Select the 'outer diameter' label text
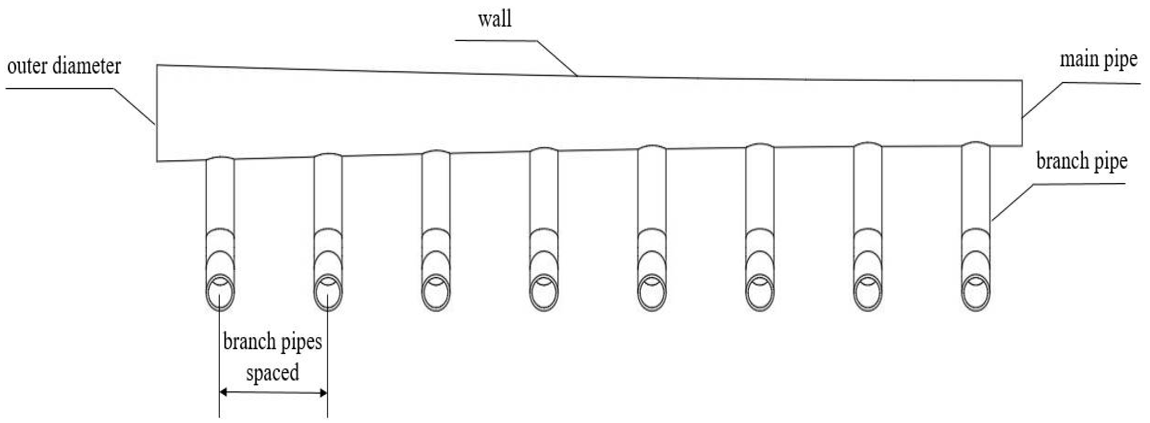[64, 66]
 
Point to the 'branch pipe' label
[1081, 161]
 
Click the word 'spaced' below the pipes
[272, 373]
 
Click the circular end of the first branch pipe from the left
[220, 293]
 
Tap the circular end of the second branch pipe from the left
[328, 293]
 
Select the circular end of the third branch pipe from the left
[436, 293]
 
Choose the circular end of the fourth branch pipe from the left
[544, 293]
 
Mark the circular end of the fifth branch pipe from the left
[652, 293]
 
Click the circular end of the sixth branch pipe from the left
[760, 293]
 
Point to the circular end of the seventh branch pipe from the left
[868, 293]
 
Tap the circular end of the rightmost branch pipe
[976, 293]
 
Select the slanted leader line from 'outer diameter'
[134, 106]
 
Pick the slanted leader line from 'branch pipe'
[1012, 202]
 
